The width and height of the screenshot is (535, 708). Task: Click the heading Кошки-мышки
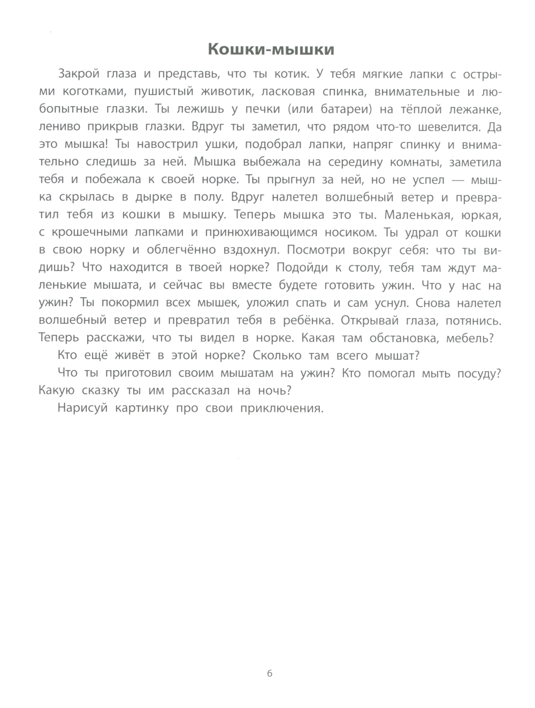(270, 50)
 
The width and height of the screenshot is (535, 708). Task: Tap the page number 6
(269, 673)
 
